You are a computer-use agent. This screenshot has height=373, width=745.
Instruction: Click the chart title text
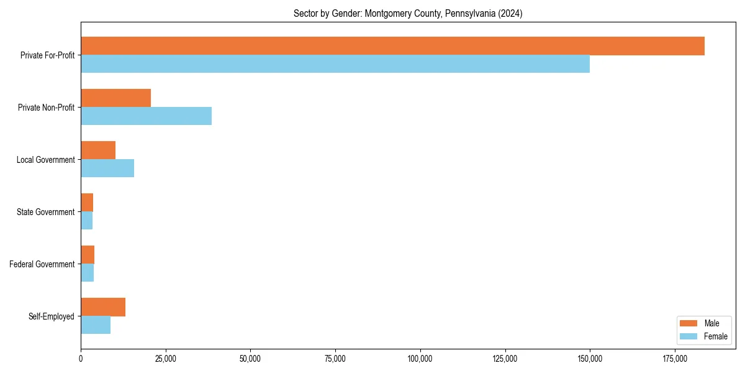(x=408, y=14)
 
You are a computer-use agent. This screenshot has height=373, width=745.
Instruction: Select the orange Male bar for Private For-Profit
(x=392, y=46)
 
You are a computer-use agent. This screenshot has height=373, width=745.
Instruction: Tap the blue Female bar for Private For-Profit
(x=335, y=64)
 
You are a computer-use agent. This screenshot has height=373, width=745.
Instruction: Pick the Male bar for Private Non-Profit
(x=116, y=98)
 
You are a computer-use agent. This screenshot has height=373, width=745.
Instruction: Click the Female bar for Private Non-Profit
(x=147, y=116)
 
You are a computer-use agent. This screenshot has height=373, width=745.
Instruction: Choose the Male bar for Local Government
(x=98, y=150)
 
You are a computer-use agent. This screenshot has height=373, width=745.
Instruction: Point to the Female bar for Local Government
(x=107, y=168)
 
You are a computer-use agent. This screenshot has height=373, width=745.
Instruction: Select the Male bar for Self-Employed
(x=103, y=307)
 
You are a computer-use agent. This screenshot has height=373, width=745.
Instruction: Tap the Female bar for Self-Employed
(x=96, y=325)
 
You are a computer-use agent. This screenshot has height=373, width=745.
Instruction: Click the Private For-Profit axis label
(x=47, y=55)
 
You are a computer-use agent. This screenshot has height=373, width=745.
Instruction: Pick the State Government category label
(x=46, y=212)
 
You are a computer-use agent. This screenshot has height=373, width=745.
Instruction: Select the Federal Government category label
(x=42, y=264)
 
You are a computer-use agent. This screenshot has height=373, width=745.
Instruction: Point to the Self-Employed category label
(x=52, y=316)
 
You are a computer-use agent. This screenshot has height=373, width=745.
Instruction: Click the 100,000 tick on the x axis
(x=420, y=359)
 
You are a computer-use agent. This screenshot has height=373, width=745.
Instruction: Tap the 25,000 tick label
(x=166, y=359)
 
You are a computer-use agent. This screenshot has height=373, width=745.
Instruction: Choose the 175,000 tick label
(x=675, y=359)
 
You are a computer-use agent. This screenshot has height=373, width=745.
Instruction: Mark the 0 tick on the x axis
(x=81, y=359)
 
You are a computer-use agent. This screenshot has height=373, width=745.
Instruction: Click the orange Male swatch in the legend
(x=689, y=323)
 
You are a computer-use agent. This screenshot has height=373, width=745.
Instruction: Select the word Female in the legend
(x=715, y=336)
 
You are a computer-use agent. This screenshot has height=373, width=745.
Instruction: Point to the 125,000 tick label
(x=505, y=359)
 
